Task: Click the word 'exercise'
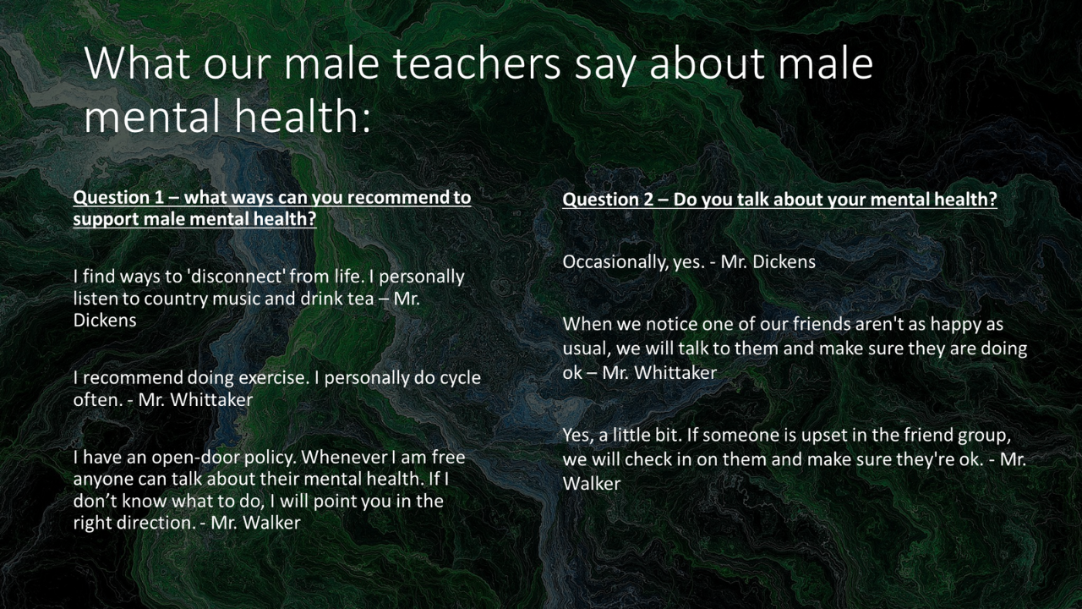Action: point(273,377)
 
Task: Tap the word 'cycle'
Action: point(460,378)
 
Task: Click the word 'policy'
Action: point(270,458)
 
